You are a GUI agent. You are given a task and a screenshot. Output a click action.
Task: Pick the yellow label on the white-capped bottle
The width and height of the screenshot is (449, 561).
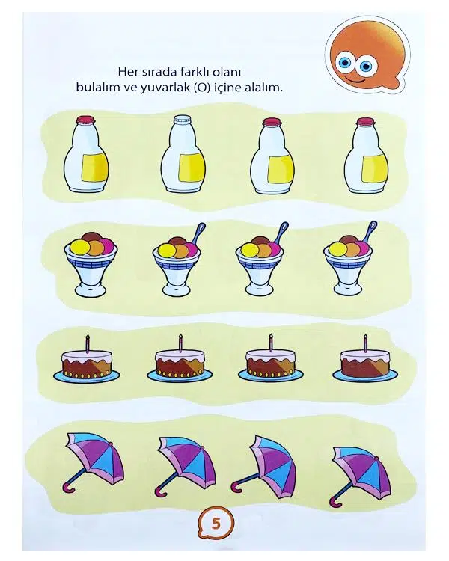click(192, 168)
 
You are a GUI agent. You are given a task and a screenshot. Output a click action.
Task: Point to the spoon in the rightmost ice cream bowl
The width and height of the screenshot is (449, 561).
click(370, 231)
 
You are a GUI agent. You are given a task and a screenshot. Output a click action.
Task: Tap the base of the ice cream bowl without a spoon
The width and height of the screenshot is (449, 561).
click(91, 289)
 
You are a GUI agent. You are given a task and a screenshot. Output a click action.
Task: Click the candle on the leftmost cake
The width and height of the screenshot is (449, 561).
click(87, 343)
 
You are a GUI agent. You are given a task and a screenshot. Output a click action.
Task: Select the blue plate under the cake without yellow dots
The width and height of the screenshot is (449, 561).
click(365, 375)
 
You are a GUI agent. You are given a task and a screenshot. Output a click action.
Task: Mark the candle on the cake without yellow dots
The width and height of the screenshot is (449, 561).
click(366, 343)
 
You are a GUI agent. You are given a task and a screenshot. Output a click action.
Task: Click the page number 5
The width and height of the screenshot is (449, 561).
click(216, 524)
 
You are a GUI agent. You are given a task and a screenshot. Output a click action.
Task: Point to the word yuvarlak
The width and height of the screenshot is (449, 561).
click(165, 88)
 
